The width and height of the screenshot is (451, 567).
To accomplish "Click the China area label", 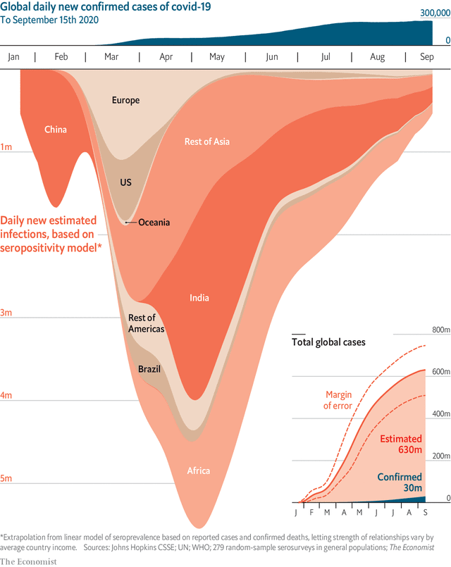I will pos(56,130).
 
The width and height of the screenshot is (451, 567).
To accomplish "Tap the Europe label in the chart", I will pos(125,100).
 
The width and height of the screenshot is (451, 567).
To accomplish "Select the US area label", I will pos(125,182).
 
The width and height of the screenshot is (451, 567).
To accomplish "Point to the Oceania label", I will pos(154,223).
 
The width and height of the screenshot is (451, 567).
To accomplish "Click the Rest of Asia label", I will pos(206,142).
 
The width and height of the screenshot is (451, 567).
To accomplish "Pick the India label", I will pos(199,298).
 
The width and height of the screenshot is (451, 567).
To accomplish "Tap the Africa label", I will pos(199,471).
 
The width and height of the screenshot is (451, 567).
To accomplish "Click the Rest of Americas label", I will pos(146,323).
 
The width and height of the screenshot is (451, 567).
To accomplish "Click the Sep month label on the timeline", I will pos(427,57).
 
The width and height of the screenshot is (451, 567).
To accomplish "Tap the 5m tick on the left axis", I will pos(6,479).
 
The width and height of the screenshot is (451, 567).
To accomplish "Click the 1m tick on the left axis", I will pos(6,147).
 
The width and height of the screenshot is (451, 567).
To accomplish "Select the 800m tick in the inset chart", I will pos(440,330).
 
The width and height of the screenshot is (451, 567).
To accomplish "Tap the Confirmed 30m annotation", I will pos(399,482).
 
